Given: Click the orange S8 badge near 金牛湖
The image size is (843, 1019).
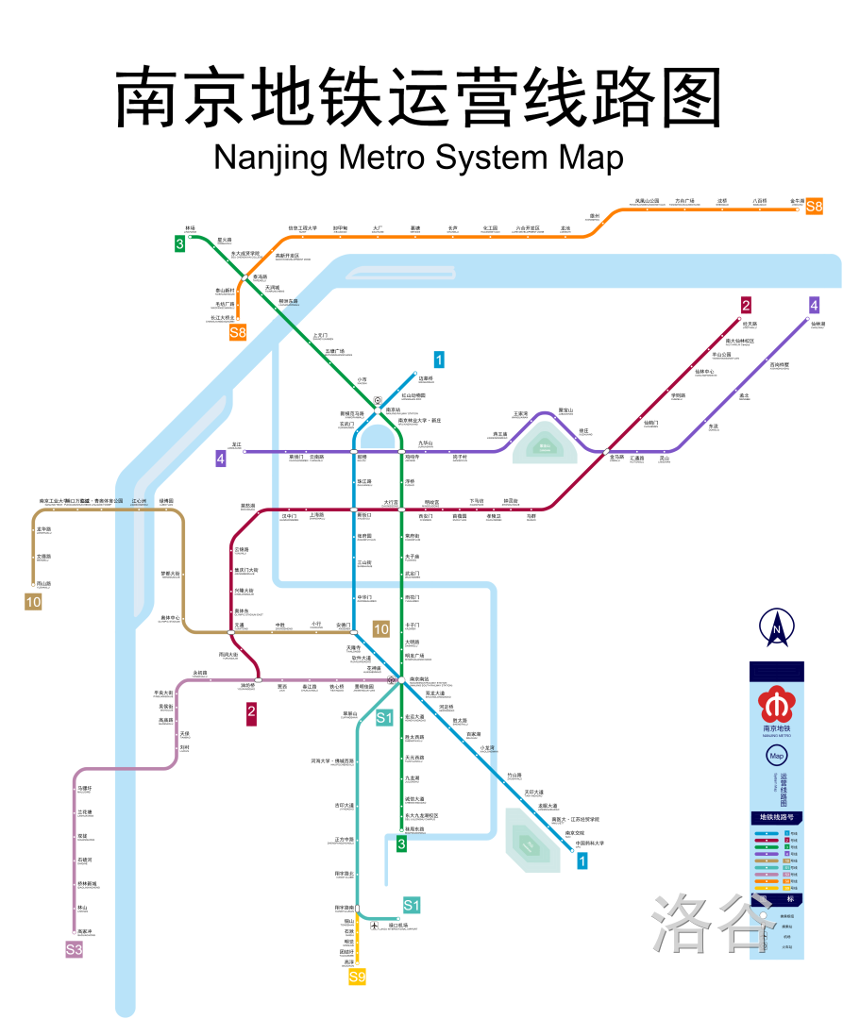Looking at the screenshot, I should [814, 206].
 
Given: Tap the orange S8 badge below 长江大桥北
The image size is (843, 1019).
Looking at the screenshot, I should [238, 331].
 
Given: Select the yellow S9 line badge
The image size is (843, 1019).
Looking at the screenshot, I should [357, 977].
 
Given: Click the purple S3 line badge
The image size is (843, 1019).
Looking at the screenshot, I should [74, 949].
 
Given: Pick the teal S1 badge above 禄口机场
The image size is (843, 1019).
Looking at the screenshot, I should [412, 906].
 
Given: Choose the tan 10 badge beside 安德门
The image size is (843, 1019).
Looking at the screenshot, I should [381, 629].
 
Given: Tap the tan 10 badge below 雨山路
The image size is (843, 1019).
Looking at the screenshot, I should [33, 601].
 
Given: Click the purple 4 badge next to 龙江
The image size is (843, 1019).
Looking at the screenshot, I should [221, 459].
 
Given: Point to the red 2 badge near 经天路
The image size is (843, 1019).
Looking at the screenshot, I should [746, 305].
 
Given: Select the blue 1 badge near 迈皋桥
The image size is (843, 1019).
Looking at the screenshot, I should [439, 359].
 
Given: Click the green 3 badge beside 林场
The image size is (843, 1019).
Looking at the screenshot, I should [179, 244].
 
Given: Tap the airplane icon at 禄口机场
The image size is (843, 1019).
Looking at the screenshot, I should [376, 926].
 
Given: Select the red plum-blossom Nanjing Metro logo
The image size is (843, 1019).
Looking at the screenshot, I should [776, 702].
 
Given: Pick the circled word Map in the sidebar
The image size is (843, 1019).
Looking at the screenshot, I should [777, 756].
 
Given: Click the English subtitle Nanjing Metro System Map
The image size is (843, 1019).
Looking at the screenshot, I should [418, 157].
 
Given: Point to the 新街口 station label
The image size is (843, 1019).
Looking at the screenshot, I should [364, 515].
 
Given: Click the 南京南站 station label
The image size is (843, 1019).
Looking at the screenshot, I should [418, 678].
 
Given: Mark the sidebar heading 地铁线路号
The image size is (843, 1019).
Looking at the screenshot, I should [776, 817].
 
